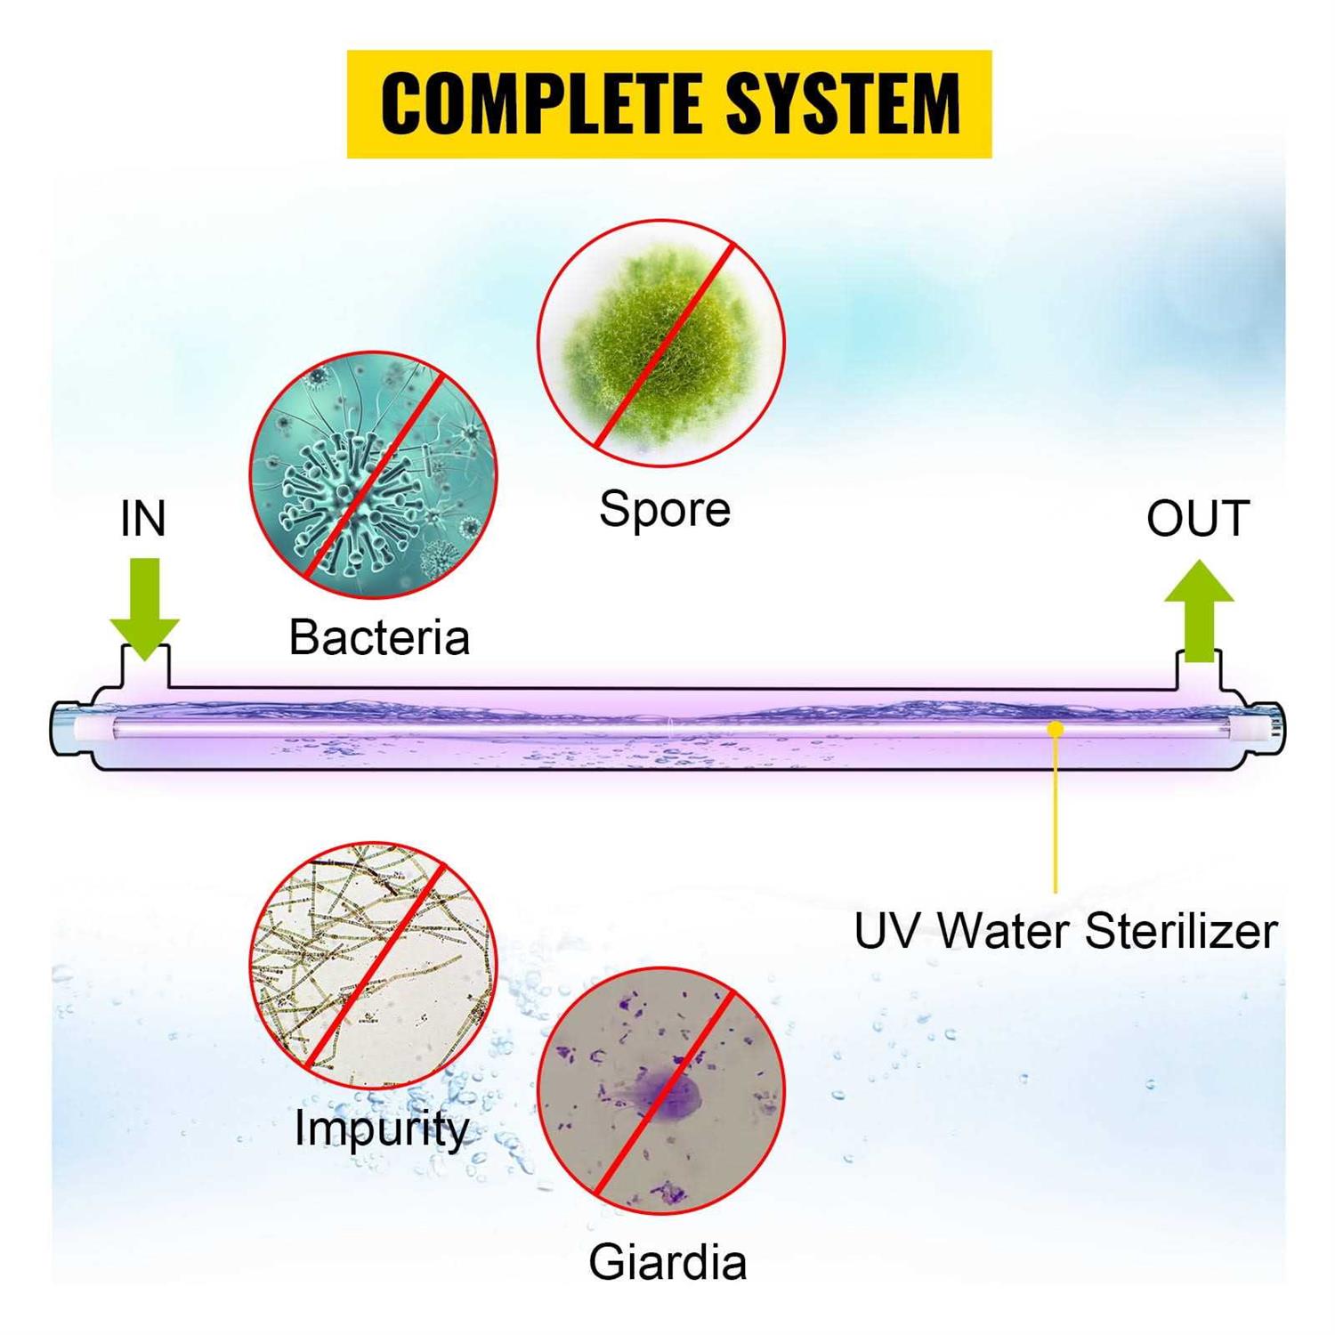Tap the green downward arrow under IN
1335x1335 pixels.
click(x=145, y=609)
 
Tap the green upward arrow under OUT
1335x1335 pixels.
click(x=1199, y=611)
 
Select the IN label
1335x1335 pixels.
click(x=143, y=519)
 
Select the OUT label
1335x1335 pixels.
click(x=1198, y=518)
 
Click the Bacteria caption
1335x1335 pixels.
click(x=379, y=637)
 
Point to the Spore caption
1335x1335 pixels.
click(x=665, y=511)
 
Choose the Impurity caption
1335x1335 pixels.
click(x=382, y=1128)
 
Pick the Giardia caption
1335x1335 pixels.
click(x=667, y=1261)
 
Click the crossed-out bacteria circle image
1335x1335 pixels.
click(x=373, y=474)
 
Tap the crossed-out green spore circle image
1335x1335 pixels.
click(x=661, y=344)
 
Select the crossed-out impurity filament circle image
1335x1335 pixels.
click(x=373, y=966)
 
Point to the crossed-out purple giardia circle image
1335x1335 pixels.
click(x=661, y=1091)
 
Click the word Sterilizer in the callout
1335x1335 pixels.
click(x=1181, y=931)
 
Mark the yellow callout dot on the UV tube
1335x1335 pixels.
click(x=1056, y=729)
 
